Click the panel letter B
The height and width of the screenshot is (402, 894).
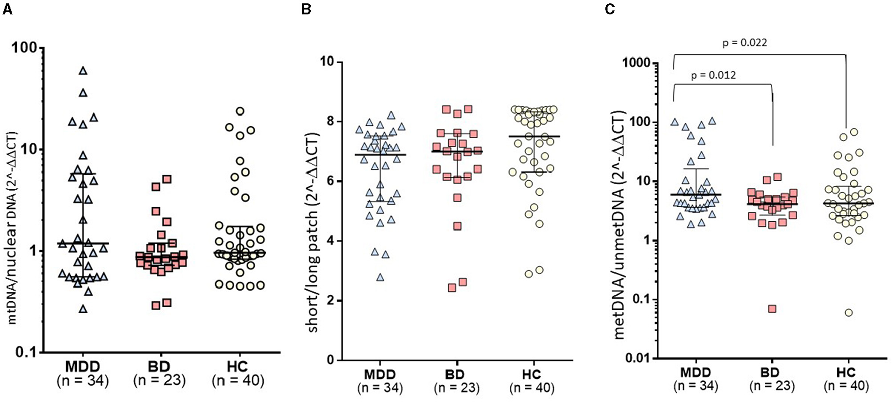(x=306, y=10)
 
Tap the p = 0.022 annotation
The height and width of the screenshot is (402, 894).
(x=745, y=43)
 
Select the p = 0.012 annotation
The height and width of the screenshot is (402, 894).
(x=713, y=76)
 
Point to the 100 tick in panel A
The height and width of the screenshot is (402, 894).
(x=25, y=48)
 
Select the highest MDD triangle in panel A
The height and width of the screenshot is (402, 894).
(x=83, y=71)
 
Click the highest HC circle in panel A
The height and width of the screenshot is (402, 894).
(x=240, y=111)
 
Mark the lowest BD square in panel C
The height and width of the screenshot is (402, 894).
(x=772, y=309)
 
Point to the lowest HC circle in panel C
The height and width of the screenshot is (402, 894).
(x=849, y=313)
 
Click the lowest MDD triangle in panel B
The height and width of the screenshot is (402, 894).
(x=381, y=277)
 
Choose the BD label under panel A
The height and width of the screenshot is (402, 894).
(x=159, y=366)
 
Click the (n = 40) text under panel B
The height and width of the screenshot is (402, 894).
(x=532, y=388)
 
